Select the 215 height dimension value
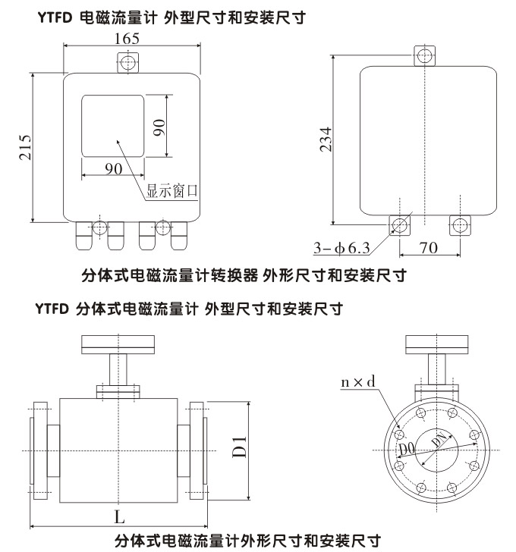[x=24, y=148]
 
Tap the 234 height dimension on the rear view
[x=326, y=140]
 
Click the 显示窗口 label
[x=172, y=191]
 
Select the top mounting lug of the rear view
[x=425, y=55]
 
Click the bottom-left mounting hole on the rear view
[x=399, y=224]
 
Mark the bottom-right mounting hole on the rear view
[x=460, y=224]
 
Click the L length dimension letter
[x=119, y=517]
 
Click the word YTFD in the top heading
[x=54, y=14]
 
